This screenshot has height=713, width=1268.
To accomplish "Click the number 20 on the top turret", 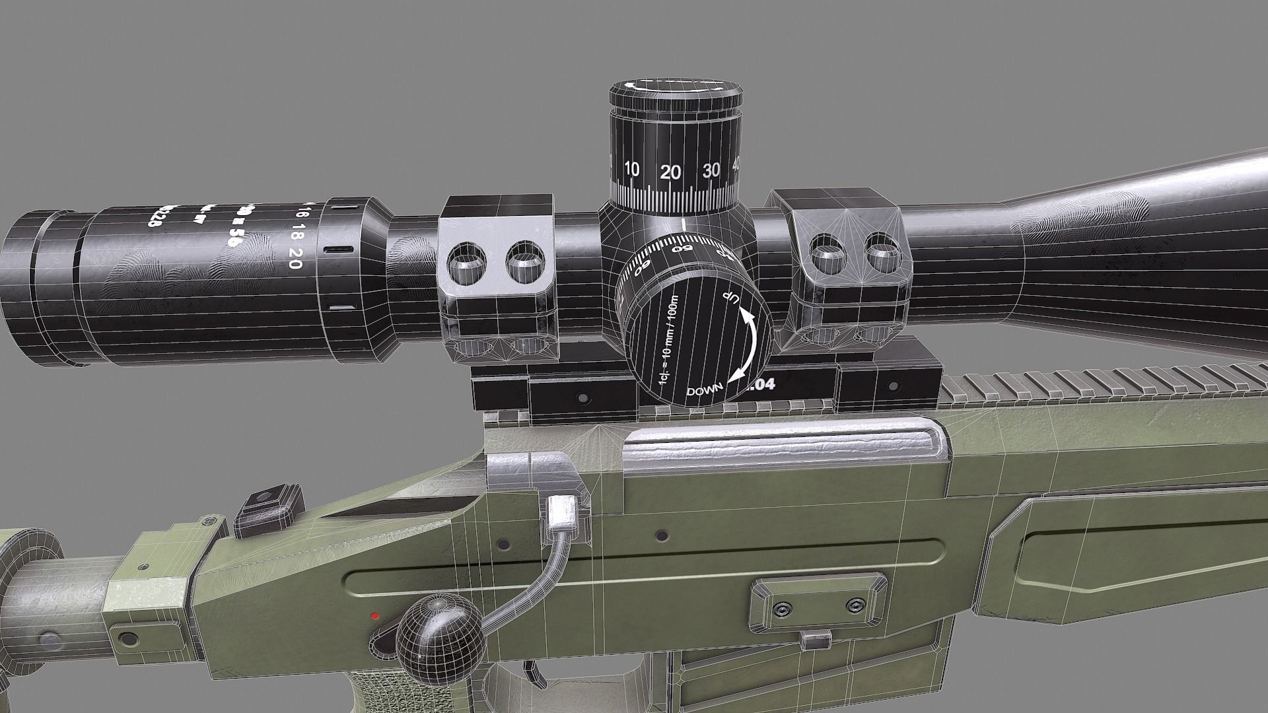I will coord(670,172).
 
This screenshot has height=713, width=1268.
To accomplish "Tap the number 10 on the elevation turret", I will coord(631,170).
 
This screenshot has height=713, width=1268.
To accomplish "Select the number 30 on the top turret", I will coord(711,170).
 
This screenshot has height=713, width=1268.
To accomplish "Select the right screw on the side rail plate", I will coord(855,605).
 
